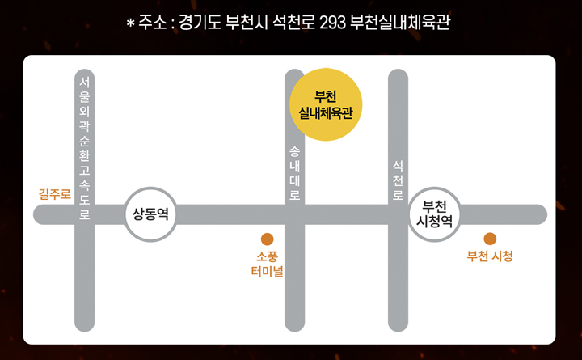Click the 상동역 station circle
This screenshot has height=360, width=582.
[x=150, y=214]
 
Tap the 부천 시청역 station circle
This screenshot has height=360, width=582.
[x=435, y=214]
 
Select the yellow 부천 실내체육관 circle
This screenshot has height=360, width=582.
[x=326, y=104]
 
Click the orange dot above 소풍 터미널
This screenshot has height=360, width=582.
[x=267, y=239]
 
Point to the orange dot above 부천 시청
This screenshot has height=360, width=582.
[x=490, y=239]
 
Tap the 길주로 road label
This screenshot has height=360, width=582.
[x=55, y=194]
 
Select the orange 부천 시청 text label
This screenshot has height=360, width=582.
[x=490, y=257]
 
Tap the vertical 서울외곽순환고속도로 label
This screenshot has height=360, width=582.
[x=85, y=149]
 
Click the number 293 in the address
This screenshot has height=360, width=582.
[x=333, y=23]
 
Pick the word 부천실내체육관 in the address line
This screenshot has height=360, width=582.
[x=400, y=23]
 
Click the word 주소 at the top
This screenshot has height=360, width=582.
[x=151, y=23]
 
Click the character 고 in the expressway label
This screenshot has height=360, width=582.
[x=85, y=169]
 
